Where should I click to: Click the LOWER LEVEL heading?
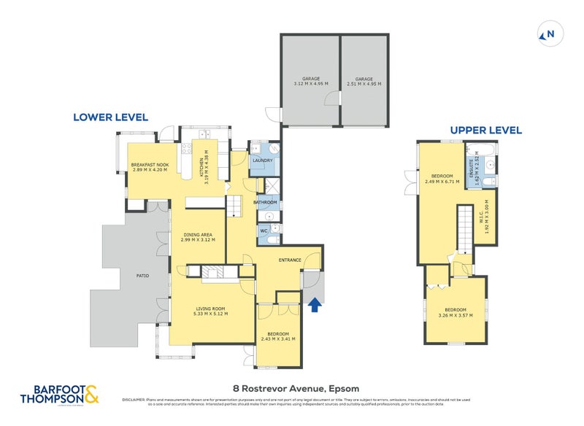coord(110,117)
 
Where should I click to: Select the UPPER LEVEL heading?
coord(485,131)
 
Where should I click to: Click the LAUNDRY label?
coord(262,160)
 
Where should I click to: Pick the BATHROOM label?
coord(264,201)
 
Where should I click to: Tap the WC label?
coord(264,231)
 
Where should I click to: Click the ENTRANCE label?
coord(290,260)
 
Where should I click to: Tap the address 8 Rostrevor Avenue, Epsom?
coord(292,388)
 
